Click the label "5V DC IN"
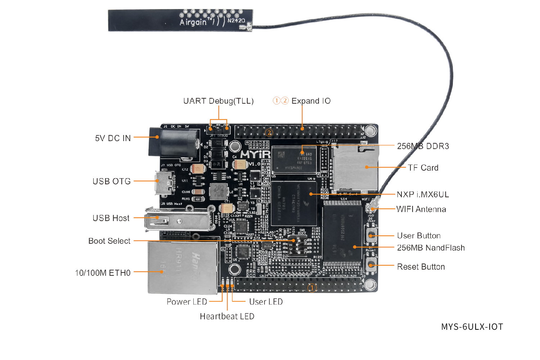pos(113,138)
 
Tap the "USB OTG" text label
pos(112,181)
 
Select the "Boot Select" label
pos(109,241)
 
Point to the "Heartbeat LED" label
pos(227,316)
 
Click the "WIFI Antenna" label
pos(421,210)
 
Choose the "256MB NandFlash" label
pos(431,248)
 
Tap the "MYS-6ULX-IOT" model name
pos(472,327)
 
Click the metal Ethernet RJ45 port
pos(182,267)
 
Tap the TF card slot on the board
pos(355,167)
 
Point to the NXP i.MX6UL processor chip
pos(293,203)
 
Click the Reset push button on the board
pos(371,265)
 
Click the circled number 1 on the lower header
pos(312,288)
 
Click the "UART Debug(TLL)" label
pos(218,101)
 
